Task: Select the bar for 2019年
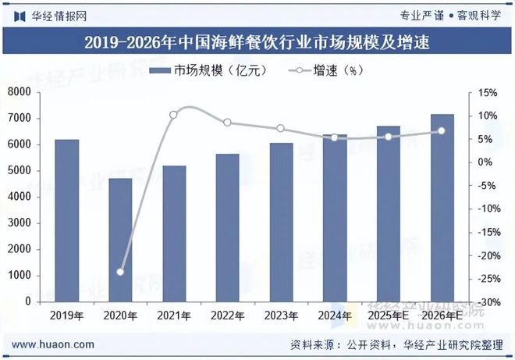tap(66, 220)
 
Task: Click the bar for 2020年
tap(120, 240)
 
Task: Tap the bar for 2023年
tap(281, 222)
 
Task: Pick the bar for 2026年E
tap(442, 208)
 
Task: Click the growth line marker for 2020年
tap(120, 272)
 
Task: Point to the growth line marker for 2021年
tap(173, 115)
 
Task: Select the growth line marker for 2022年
tap(227, 123)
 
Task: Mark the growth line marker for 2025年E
tap(389, 137)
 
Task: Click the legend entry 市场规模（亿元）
tap(208, 71)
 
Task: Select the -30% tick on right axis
tap(486, 301)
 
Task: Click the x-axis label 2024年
tap(335, 315)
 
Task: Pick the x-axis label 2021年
tap(173, 315)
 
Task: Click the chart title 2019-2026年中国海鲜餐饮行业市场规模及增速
tap(257, 41)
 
